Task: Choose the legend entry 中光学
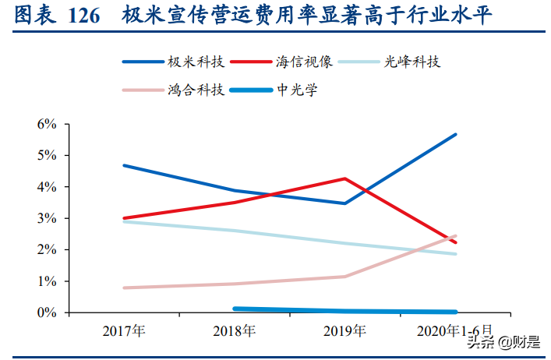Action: tap(297, 90)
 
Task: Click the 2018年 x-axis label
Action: tap(234, 331)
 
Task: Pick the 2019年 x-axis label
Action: tap(344, 331)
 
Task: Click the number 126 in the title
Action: tap(84, 16)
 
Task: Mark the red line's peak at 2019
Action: tap(344, 178)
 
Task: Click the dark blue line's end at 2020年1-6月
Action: tap(455, 134)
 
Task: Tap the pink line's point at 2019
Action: tap(344, 276)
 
